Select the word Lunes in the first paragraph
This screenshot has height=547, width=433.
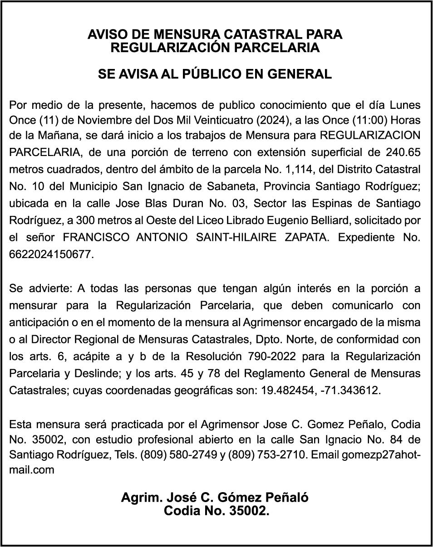pos(405,106)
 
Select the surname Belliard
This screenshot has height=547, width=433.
pos(324,221)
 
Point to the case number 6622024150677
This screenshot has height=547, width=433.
pos(51,254)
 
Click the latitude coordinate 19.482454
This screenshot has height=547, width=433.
pos(287,390)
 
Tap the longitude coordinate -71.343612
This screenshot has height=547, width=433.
pos(350,390)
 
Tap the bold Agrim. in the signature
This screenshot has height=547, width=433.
pos(139,498)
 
